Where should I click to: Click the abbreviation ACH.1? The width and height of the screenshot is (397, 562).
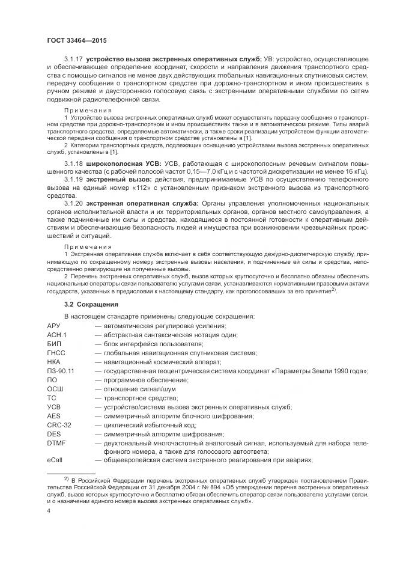(x=56, y=335)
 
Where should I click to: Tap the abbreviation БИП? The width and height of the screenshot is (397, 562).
(x=54, y=344)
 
